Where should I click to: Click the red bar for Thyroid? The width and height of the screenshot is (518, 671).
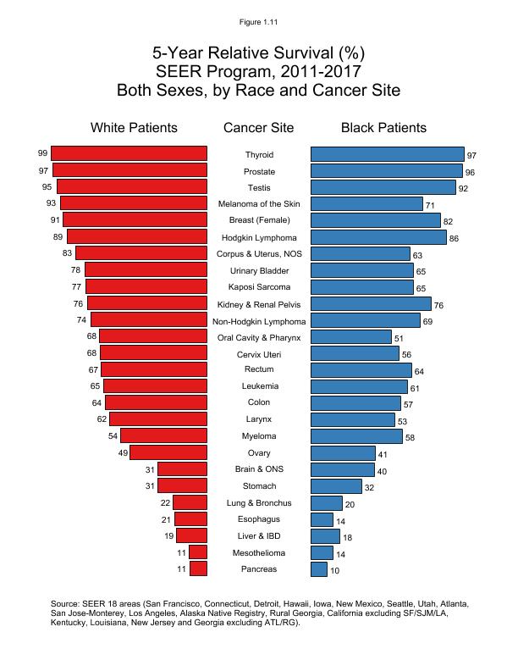129,153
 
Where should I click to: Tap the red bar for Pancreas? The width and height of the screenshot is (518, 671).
198,568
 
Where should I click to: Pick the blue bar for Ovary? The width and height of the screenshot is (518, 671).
343,453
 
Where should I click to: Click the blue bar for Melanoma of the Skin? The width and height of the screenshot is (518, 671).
366,203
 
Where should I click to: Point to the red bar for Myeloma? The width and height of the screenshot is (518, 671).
163,435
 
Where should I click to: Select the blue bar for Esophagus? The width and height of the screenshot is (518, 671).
322,519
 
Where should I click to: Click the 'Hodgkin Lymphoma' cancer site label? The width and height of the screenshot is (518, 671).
259,238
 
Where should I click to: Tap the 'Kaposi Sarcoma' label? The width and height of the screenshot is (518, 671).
259,287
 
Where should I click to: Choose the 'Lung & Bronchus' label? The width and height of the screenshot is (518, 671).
259,503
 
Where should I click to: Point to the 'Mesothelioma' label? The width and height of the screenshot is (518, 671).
259,552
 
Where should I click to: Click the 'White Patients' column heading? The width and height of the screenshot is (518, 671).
134,128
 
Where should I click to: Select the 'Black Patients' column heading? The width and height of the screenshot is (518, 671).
383,128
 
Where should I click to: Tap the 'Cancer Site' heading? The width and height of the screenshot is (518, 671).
259,128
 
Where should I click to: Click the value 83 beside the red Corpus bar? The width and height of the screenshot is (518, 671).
68,253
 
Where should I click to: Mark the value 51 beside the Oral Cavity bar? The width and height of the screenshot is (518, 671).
400,339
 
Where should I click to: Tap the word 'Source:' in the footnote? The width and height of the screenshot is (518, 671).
68,604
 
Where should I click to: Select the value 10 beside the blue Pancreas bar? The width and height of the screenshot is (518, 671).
335,571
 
